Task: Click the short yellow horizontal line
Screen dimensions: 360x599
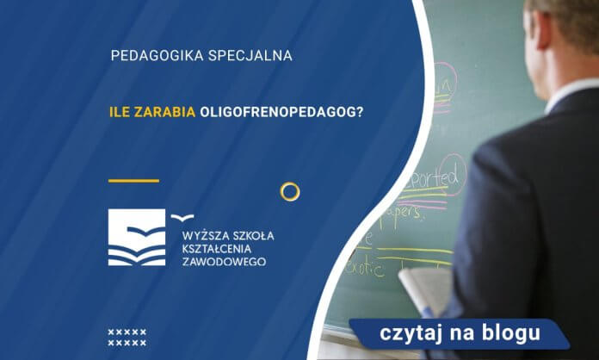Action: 133,181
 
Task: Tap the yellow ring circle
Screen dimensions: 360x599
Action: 290,191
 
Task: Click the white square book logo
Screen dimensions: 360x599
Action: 138,237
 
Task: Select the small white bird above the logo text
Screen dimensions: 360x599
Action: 182,217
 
